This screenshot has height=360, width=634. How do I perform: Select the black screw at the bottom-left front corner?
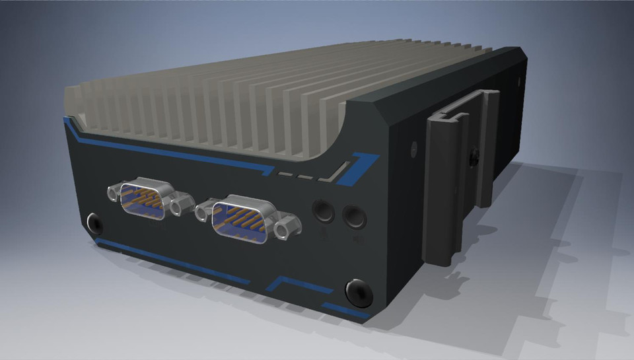(x=95, y=223)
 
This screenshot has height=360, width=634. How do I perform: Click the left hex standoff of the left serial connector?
(x=113, y=192)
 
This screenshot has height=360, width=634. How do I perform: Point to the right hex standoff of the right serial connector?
(x=284, y=230)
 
